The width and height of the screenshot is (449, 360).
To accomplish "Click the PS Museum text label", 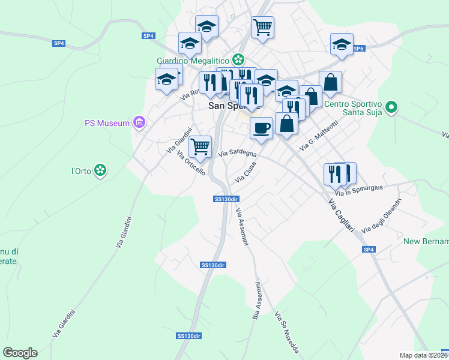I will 107,123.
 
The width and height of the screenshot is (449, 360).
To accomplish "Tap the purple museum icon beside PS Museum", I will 139,123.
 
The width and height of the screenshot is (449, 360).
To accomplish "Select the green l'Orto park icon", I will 101,171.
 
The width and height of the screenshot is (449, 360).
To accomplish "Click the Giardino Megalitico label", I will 193,60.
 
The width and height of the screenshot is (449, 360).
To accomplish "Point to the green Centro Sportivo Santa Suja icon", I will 391,109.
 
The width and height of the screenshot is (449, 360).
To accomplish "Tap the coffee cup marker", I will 261,128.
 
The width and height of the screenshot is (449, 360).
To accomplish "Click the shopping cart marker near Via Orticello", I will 200,145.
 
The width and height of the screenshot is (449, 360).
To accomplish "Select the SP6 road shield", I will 358,48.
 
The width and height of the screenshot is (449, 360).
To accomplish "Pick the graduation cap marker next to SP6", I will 342,44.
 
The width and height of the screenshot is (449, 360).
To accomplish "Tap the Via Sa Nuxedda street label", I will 286,332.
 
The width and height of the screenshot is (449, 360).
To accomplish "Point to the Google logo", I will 20,352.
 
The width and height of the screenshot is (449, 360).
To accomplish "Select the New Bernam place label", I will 426,241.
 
